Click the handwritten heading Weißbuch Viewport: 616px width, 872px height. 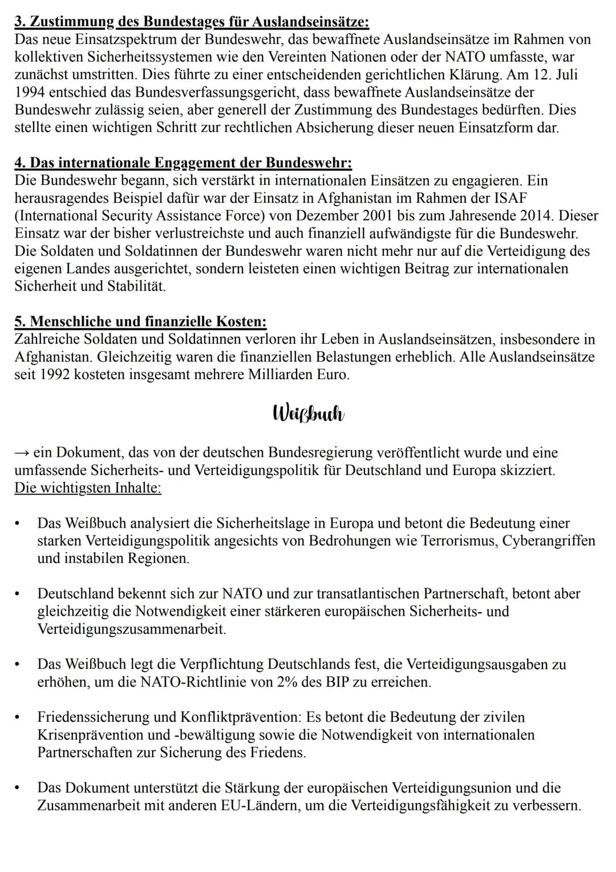(x=309, y=413)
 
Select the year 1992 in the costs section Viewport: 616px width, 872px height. (x=56, y=375)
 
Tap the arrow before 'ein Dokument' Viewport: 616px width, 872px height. (x=22, y=453)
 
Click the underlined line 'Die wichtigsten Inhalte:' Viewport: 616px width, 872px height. (x=88, y=488)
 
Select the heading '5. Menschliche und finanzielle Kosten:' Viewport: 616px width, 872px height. (x=140, y=322)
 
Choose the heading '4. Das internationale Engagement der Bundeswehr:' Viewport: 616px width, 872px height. (x=183, y=163)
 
